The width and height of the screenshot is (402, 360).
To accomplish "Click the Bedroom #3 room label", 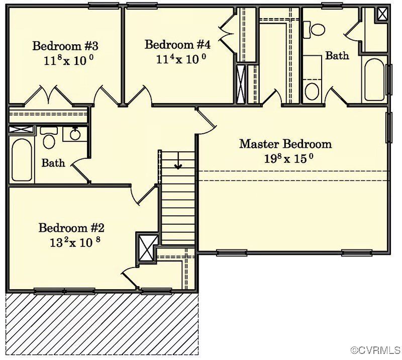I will pyautogui.click(x=65, y=46).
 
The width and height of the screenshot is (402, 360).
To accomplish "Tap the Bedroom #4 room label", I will pyautogui.click(x=177, y=44).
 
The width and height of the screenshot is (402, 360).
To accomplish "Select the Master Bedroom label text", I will pyautogui.click(x=285, y=144).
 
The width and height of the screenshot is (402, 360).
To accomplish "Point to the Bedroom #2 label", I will pyautogui.click(x=71, y=228).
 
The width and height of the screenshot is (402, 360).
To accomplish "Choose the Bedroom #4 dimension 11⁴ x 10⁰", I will pyautogui.click(x=181, y=58).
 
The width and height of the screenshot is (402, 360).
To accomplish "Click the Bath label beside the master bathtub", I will pyautogui.click(x=337, y=56).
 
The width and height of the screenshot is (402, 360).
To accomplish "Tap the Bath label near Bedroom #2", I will pyautogui.click(x=53, y=163).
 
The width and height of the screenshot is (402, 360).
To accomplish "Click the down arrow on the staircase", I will pyautogui.click(x=177, y=164).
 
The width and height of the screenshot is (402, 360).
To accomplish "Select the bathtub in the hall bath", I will pyautogui.click(x=21, y=159).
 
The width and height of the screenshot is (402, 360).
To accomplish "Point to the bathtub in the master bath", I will pyautogui.click(x=374, y=79).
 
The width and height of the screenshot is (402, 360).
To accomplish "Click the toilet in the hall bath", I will pyautogui.click(x=49, y=139).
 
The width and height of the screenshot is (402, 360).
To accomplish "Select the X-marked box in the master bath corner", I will pyautogui.click(x=383, y=14).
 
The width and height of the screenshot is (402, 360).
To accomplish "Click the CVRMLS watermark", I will pyautogui.click(x=376, y=349).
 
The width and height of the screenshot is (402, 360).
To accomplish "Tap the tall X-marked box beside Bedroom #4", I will pyautogui.click(x=242, y=84).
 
